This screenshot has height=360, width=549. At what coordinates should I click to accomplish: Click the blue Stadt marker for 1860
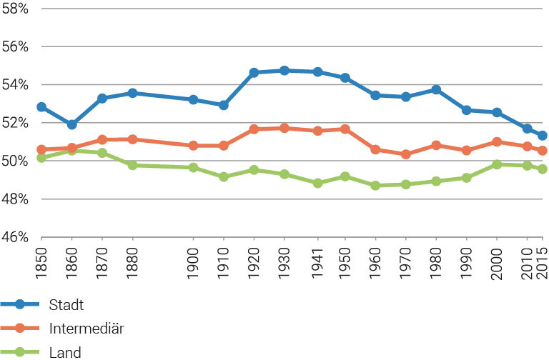[71, 124]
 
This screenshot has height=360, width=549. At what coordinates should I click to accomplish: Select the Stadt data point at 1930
[285, 70]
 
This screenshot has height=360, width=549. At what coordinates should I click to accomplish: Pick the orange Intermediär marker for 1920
[254, 129]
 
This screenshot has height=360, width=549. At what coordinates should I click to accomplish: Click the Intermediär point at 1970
[406, 154]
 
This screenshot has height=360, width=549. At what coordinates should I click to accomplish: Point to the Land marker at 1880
[132, 165]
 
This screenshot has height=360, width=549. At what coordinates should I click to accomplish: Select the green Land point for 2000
[496, 164]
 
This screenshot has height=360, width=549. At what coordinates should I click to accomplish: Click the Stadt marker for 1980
[436, 90]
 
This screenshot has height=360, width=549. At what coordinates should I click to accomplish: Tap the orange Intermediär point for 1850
[41, 150]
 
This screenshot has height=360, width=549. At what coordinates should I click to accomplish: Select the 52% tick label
[14, 123]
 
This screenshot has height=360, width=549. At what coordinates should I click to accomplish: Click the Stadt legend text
[67, 305]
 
